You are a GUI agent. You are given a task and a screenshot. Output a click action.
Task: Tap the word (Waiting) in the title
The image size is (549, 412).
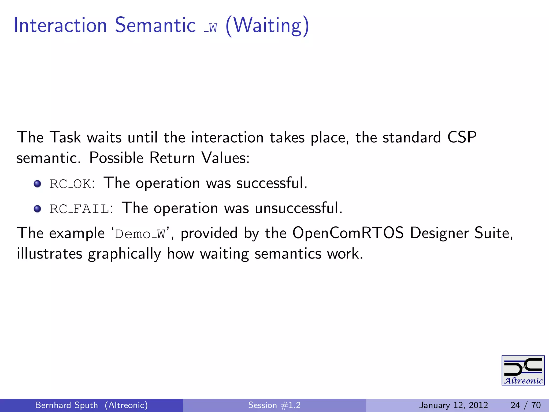pos(267,26)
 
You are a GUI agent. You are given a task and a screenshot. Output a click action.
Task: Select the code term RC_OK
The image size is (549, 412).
pos(70,184)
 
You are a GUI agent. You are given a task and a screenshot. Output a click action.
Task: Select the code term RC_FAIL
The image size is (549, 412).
pos(80,209)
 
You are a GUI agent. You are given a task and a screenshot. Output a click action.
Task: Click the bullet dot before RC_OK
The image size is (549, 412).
pos(37,184)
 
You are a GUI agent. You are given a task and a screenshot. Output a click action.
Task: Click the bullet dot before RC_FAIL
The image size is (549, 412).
pos(37,209)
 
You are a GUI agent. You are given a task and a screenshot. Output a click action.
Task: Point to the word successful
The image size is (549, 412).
pos(271,183)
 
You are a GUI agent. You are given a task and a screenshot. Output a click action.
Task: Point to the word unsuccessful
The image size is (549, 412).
pos(298,208)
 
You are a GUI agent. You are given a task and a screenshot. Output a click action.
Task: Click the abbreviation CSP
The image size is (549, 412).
pos(462,137)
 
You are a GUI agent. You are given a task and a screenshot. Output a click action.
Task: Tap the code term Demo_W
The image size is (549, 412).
pos(140,234)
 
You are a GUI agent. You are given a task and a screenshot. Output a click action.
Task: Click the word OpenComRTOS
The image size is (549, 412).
pos(348,233)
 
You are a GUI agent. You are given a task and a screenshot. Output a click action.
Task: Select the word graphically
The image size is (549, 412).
pos(124,254)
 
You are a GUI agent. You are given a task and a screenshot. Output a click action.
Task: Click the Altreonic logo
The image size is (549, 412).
pos(523,370)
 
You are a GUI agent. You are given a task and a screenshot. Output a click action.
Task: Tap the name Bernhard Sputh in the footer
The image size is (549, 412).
pos(66,405)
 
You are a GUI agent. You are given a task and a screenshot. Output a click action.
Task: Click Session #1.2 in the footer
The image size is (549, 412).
pos(274,405)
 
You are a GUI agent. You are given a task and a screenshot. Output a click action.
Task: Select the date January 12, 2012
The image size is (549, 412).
pos(453,405)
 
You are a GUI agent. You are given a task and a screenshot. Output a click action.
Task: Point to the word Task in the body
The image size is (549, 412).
pos(65,137)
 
